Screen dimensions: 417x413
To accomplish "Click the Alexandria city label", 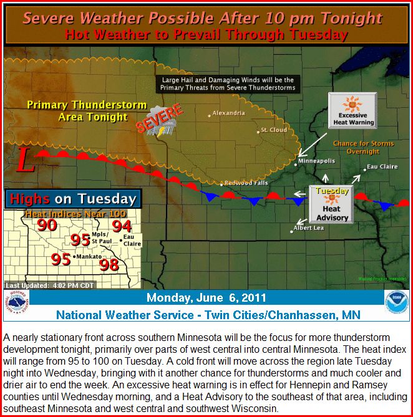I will [228, 113].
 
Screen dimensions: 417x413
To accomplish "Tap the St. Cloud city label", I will [274, 130].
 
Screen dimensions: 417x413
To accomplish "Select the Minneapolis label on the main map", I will [316, 161].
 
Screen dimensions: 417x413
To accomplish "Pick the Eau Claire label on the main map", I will [382, 166].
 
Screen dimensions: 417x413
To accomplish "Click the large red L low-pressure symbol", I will [26, 160].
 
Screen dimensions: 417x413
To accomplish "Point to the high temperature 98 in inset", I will [109, 265].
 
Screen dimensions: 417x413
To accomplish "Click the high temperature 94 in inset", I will [122, 226].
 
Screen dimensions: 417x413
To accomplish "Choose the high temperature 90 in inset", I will [47, 225].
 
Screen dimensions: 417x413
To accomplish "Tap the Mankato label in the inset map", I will [87, 257].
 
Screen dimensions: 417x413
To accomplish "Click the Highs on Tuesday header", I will [73, 199].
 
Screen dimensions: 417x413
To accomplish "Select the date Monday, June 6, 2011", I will [206, 297].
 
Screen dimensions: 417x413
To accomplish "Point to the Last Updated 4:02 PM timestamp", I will [50, 285].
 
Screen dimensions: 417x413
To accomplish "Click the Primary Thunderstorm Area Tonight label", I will [87, 111].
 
